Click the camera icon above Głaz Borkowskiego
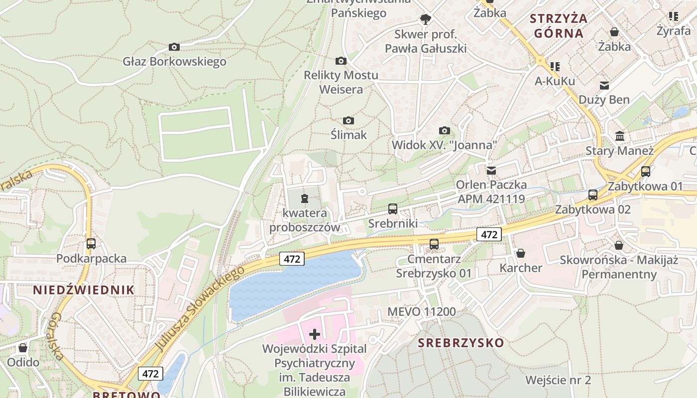pyautogui.click(x=174, y=47)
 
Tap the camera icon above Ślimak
pyautogui.click(x=348, y=121)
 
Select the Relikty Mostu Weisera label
pyautogui.click(x=341, y=82)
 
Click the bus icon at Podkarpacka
pyautogui.click(x=91, y=244)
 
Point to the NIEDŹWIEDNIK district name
pyautogui.click(x=84, y=290)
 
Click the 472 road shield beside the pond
pyautogui.click(x=292, y=259)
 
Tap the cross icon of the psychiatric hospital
pyautogui.click(x=315, y=334)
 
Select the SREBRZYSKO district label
pyautogui.click(x=461, y=343)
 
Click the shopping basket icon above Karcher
pyautogui.click(x=521, y=254)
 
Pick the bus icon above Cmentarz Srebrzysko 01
pyautogui.click(x=434, y=244)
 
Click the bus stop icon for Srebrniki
pyautogui.click(x=393, y=209)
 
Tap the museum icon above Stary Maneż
pyautogui.click(x=620, y=136)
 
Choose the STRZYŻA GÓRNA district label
pyautogui.click(x=559, y=26)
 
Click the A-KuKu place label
pyautogui.click(x=555, y=81)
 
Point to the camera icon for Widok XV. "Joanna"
pyautogui.click(x=445, y=131)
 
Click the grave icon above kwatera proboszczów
pyautogui.click(x=305, y=199)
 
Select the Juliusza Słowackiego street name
pyautogui.click(x=199, y=308)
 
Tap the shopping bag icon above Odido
pyautogui.click(x=23, y=348)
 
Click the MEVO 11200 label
pyautogui.click(x=422, y=312)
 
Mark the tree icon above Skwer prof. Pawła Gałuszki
pyautogui.click(x=425, y=19)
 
